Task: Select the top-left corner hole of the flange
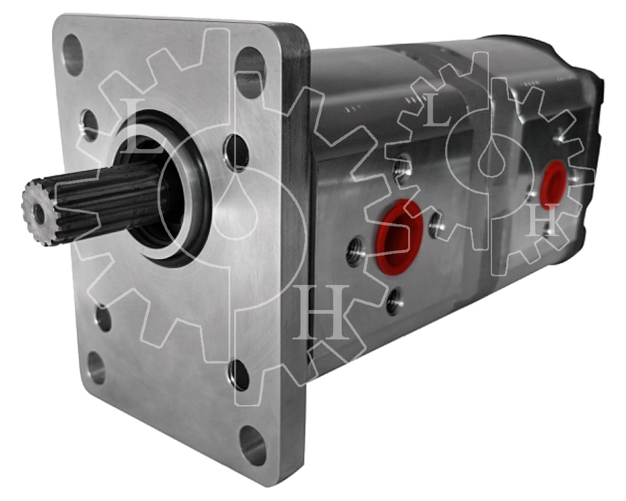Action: click(73, 54)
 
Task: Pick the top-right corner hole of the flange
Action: click(250, 72)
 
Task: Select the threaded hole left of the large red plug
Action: click(356, 252)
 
